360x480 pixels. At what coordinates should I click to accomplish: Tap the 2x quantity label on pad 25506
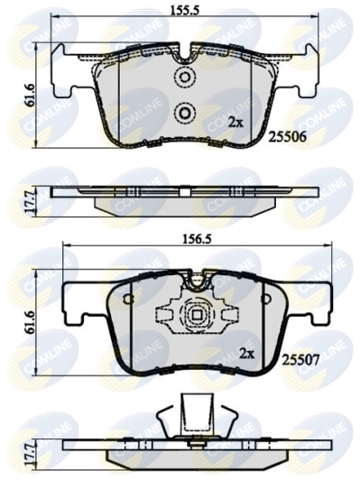pos(235,120)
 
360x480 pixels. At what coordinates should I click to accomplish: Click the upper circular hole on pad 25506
pos(184,78)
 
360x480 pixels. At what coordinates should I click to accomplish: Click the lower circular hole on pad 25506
pos(184,113)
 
